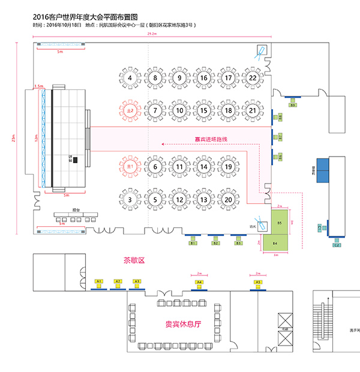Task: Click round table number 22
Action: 253,78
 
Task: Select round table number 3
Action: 130,199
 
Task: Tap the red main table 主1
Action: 130,166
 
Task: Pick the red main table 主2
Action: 130,110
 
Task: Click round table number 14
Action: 204,166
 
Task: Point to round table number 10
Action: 179,110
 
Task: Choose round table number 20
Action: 228,199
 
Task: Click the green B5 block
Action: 280,223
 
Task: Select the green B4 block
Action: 275,244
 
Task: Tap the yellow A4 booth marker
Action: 199,281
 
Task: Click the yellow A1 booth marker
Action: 100,281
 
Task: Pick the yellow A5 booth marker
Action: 258,281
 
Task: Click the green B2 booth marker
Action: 215,243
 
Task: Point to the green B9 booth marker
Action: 293,105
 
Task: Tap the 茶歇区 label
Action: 135,260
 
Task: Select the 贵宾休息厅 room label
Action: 182,324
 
